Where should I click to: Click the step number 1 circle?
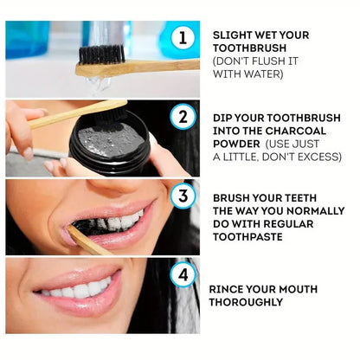pyautogui.click(x=183, y=37)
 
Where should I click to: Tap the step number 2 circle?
pyautogui.click(x=183, y=117)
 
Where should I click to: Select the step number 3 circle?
pyautogui.click(x=183, y=196)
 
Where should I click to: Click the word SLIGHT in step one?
pyautogui.click(x=234, y=35)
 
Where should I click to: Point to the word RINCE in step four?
pyautogui.click(x=228, y=289)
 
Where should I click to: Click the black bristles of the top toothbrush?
pyautogui.click(x=101, y=54)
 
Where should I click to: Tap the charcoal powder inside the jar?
pyautogui.click(x=107, y=136)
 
